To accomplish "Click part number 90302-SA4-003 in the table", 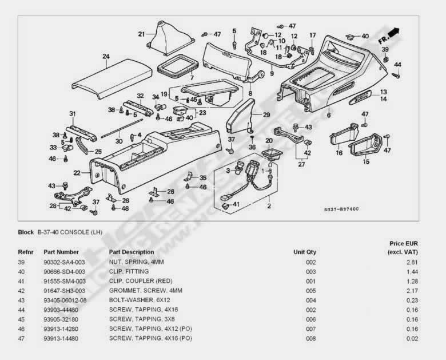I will coord(65,262).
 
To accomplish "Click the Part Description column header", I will coord(131,252).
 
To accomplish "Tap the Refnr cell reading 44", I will coord(22,310).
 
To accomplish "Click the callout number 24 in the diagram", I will coord(106,56).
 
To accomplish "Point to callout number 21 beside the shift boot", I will coord(141,34).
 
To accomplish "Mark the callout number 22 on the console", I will coord(77,172).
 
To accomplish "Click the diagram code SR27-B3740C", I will coord(342,209).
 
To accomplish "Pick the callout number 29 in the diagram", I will coord(266,115).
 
